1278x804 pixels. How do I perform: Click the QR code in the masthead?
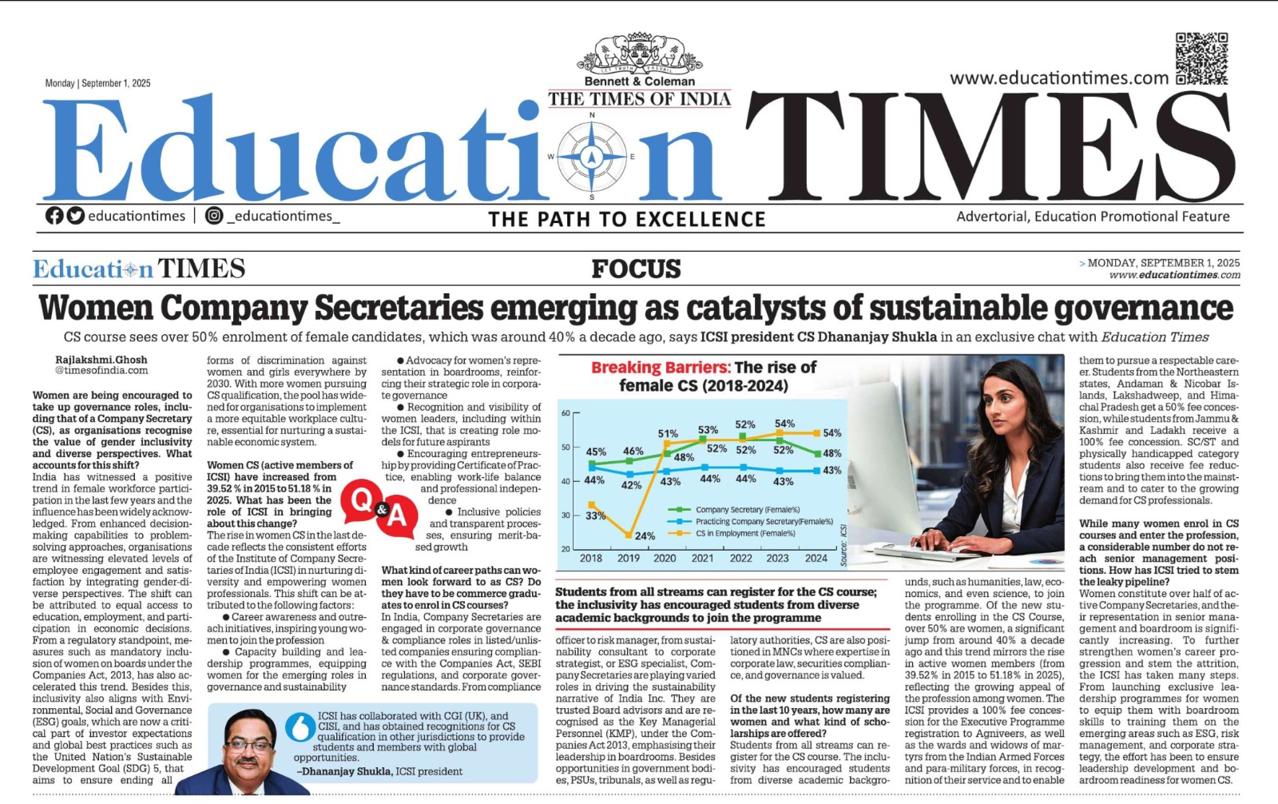point(1201,58)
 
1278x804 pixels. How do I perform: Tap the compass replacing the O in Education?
point(592,156)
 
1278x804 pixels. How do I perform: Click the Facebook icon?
point(54,216)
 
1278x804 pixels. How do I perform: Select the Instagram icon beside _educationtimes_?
point(214,216)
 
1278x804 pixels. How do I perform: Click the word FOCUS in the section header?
point(636,269)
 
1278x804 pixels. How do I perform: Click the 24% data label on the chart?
point(645,535)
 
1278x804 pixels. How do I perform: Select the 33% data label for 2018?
point(595,515)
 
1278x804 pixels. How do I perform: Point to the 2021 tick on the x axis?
point(702,558)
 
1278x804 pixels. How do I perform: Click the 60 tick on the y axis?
point(566,413)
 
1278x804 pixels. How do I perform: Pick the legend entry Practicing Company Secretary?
point(764,521)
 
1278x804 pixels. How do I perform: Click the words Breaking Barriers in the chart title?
point(661,368)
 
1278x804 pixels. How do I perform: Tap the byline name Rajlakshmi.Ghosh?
point(101,360)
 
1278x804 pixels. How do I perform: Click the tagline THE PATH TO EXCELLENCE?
point(626,219)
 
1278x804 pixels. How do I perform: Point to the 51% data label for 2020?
point(668,434)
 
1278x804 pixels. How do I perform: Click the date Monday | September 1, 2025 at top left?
point(97,83)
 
